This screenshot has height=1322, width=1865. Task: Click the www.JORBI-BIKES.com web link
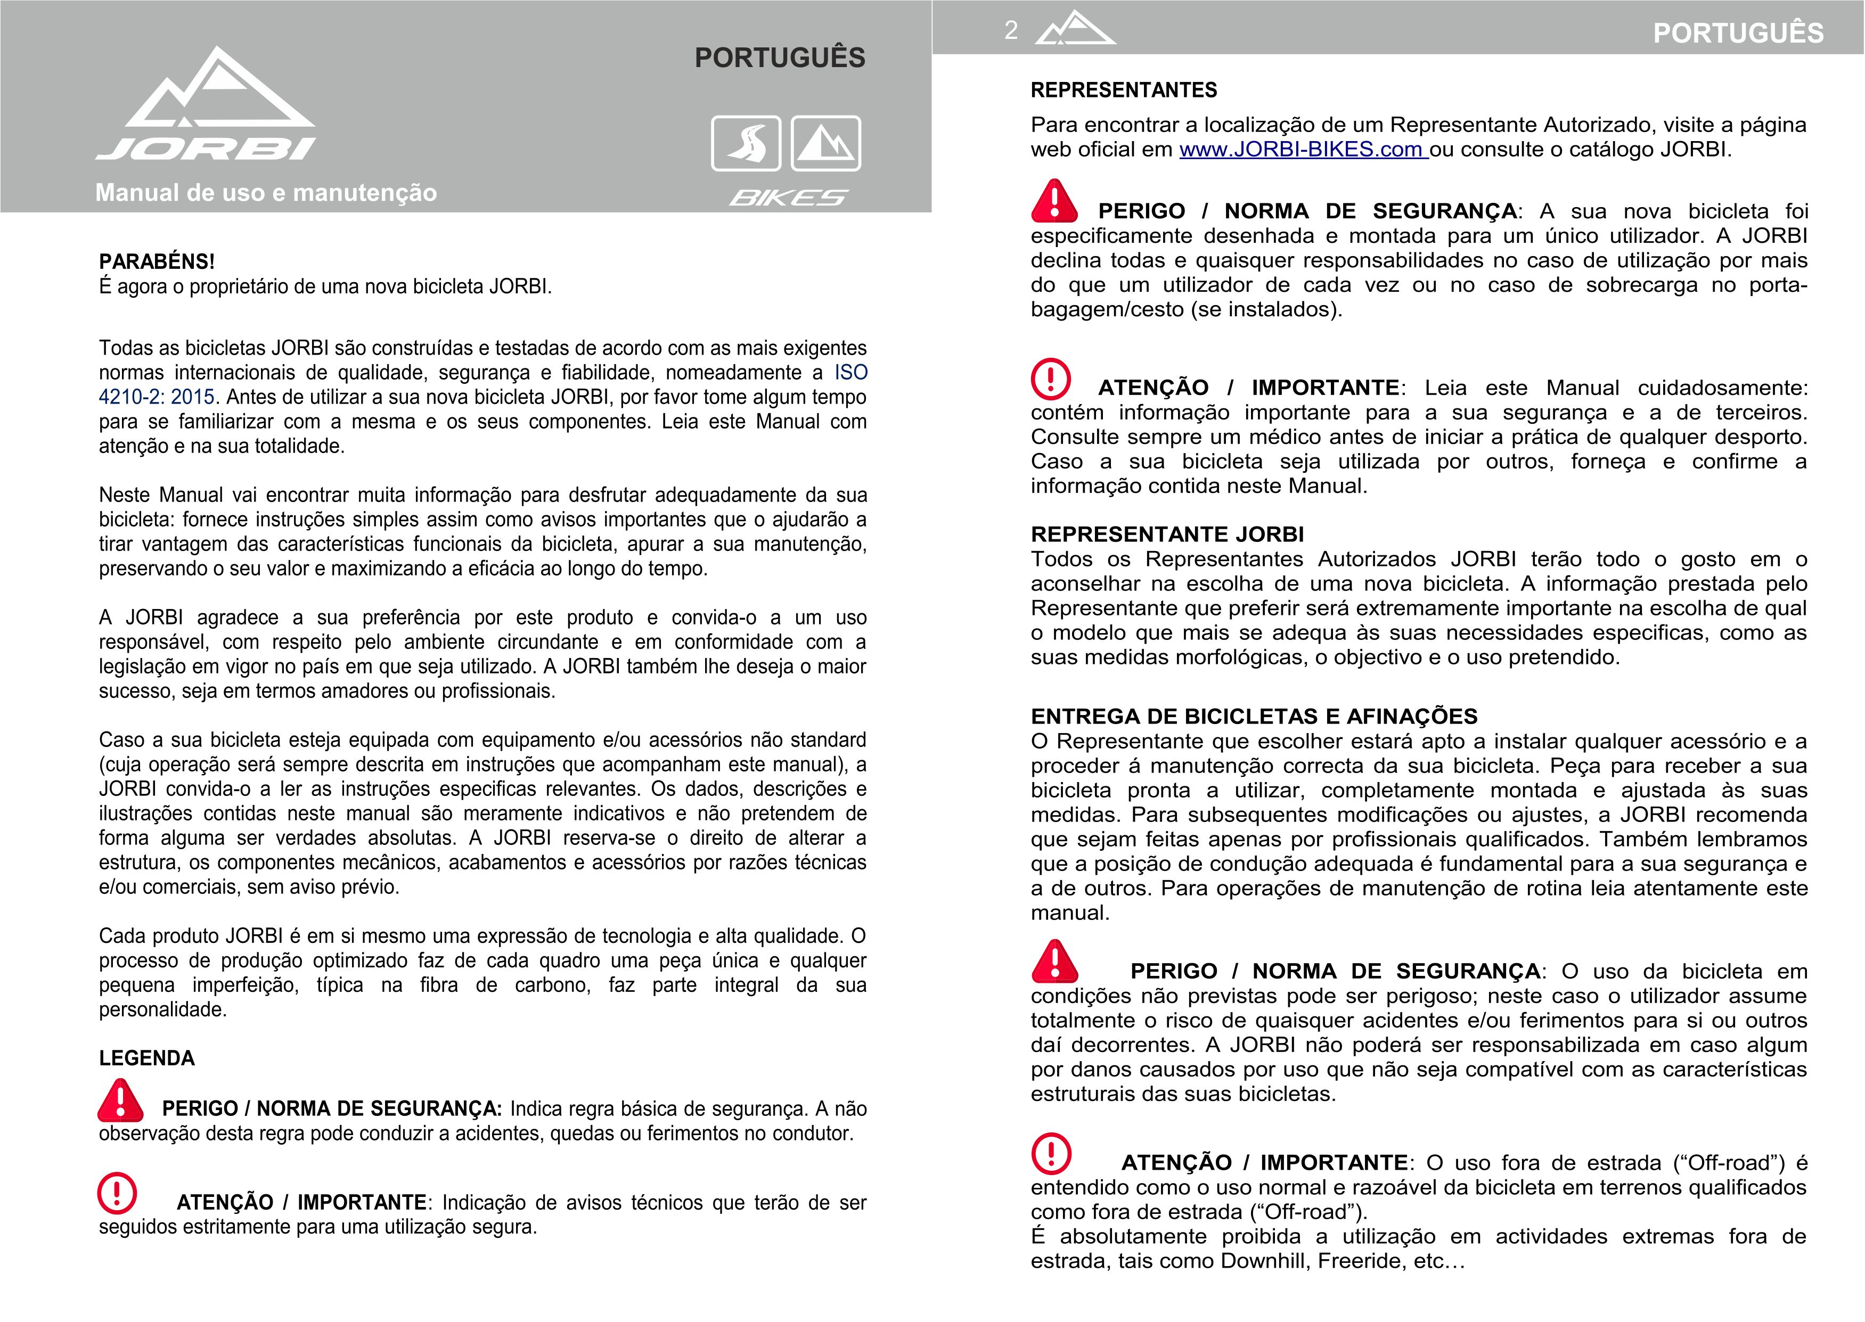(x=1303, y=150)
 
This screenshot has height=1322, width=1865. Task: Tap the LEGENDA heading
(x=146, y=1058)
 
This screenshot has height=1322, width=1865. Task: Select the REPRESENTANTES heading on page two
(x=1123, y=91)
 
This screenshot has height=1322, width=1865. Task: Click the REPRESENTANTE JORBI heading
(x=1166, y=535)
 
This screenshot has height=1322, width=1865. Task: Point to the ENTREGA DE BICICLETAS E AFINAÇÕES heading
(x=1254, y=716)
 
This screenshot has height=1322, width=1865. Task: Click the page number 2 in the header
(x=1010, y=31)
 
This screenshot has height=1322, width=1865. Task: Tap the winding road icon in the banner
(x=746, y=143)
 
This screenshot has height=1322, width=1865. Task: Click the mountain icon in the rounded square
(x=825, y=143)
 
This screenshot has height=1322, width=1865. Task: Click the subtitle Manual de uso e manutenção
(x=266, y=193)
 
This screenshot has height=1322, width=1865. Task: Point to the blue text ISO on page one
(x=850, y=373)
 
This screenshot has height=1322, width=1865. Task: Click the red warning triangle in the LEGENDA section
(x=120, y=1101)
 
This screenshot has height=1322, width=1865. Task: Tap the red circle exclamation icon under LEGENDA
(x=117, y=1193)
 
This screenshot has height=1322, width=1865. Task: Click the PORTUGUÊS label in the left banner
(x=779, y=58)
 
